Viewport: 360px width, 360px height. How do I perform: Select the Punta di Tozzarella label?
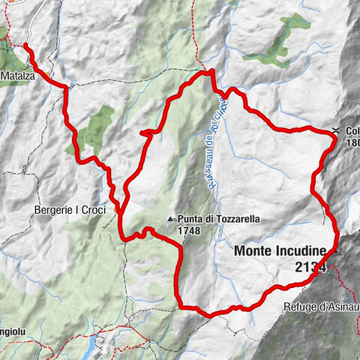point(219,219)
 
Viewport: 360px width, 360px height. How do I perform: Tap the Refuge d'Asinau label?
point(313,307)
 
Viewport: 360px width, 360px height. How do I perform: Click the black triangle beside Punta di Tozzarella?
point(172,219)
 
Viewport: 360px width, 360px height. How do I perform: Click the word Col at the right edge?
point(352,130)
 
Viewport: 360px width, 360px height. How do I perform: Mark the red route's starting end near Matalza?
point(25,46)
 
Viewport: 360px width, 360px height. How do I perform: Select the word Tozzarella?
point(235,219)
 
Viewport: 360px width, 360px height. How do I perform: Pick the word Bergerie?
point(53,209)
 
